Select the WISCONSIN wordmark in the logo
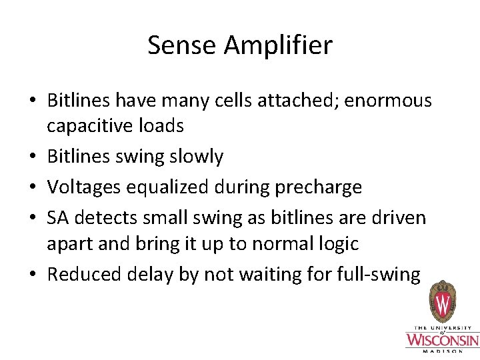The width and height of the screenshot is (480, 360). (x=442, y=341)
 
